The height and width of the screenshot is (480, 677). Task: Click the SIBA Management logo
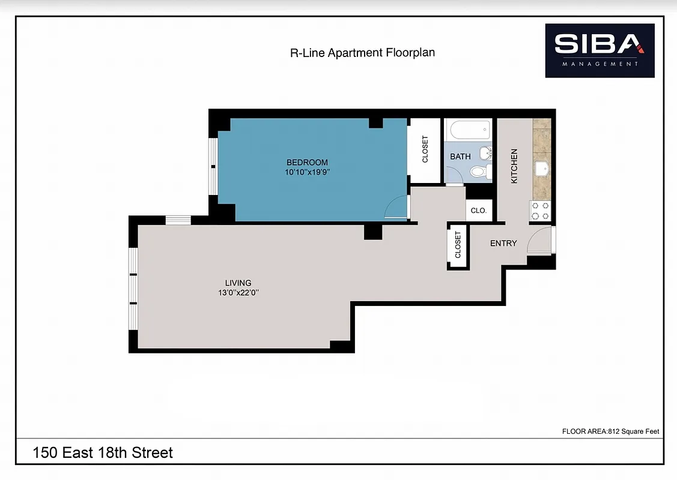[x=599, y=50]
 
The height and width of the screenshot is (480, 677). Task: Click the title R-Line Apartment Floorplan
[x=362, y=53]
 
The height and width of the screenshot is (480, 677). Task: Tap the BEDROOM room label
[x=307, y=162]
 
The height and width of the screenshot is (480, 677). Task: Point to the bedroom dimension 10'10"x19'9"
[x=308, y=172]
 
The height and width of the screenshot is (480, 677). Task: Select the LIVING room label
[x=238, y=283]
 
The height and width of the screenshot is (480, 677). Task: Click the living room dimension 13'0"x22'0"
[x=238, y=293]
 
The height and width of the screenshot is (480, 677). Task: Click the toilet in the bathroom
[x=478, y=172]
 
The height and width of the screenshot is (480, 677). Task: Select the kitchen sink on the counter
[x=541, y=168]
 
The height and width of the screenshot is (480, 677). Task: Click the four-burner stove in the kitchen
[x=541, y=211]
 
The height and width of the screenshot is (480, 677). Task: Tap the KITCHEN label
[x=514, y=166]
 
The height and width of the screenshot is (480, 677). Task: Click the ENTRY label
[x=503, y=243]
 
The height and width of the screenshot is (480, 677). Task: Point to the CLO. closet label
[x=479, y=211]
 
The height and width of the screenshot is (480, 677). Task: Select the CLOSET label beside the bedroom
[x=425, y=150]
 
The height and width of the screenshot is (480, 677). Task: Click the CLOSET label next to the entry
[x=458, y=245]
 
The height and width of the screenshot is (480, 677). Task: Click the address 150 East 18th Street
[x=103, y=452]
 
